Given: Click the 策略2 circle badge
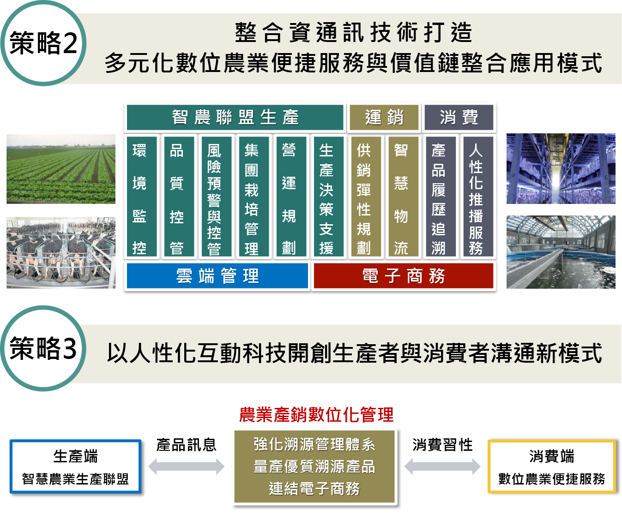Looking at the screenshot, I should click(43, 44).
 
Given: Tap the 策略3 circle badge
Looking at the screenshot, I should click(43, 349).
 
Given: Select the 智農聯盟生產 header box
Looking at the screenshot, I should click(235, 117).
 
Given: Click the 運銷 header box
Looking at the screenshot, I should click(384, 117).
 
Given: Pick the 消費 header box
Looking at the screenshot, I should click(459, 117).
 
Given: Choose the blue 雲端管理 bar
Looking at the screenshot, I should click(217, 276).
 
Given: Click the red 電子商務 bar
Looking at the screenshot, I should click(403, 276).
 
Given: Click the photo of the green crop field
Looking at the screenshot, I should click(61, 169).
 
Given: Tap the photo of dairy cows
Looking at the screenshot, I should click(61, 253).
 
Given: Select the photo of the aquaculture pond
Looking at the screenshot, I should click(561, 252).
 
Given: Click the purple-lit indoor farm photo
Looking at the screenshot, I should click(561, 169).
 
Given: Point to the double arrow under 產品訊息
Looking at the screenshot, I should click(187, 466).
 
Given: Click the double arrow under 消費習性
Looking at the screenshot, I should click(442, 466).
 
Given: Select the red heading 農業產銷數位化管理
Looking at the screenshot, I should click(316, 415).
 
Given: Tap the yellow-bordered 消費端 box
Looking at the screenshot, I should click(552, 467).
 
